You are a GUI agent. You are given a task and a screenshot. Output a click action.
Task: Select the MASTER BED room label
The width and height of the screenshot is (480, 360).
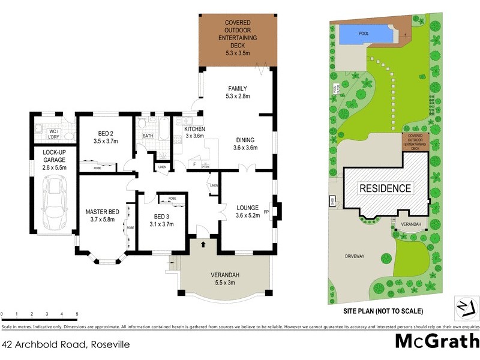click(102, 212)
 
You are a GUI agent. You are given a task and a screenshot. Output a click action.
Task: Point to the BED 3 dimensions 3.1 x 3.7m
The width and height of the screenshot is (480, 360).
click(161, 224)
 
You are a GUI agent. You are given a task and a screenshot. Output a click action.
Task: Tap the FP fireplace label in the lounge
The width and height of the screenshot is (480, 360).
click(275, 211)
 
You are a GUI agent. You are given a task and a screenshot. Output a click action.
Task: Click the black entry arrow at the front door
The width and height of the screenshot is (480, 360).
click(203, 244)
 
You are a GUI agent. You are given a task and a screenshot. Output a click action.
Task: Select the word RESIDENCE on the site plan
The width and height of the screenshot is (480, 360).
click(385, 188)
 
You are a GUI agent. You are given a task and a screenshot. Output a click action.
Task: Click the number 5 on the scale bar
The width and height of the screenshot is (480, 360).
click(77, 314)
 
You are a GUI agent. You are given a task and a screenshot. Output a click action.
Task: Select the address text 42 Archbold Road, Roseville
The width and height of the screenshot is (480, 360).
click(66, 344)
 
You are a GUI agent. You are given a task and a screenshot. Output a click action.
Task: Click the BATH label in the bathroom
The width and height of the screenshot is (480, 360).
click(148, 136)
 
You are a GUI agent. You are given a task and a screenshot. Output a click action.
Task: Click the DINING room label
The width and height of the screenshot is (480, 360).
click(245, 140)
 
